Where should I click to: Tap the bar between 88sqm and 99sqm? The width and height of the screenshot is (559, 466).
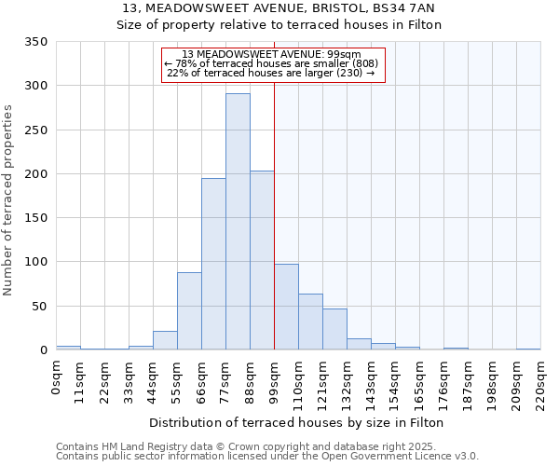click(262, 260)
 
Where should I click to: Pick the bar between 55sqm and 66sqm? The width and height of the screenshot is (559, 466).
click(189, 311)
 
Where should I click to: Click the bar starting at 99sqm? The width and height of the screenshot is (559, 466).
click(286, 307)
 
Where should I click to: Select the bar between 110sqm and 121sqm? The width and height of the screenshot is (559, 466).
click(310, 322)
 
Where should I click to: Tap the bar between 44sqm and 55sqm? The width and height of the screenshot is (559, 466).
click(165, 340)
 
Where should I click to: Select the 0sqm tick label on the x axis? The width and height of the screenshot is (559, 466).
click(56, 377)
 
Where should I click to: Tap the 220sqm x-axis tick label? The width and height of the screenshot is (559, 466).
click(540, 382)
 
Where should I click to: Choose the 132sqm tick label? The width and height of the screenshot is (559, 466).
click(347, 382)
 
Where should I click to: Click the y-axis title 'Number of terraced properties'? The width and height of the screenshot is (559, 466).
click(9, 199)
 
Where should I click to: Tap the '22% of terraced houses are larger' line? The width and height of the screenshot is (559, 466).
click(270, 73)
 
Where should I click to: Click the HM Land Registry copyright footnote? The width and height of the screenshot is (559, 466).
click(266, 446)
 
